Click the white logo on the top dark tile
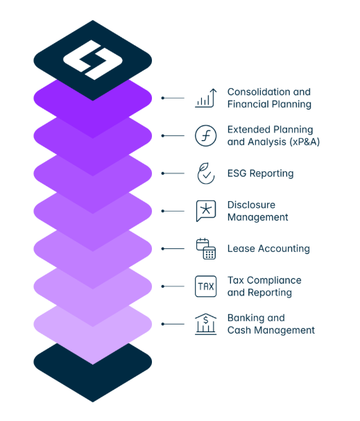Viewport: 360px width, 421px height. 93,60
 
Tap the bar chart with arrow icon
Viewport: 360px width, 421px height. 205,98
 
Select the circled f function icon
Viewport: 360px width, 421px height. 205,135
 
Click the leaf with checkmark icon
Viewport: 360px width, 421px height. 205,173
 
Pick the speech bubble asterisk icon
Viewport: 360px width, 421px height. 206,211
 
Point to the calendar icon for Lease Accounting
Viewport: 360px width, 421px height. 206,248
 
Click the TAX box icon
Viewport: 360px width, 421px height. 205,286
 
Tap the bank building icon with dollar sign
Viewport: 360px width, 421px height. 205,324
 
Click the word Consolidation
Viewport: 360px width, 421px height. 259,92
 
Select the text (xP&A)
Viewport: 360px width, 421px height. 305,141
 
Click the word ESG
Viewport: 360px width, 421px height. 237,173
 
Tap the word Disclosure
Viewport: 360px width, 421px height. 251,205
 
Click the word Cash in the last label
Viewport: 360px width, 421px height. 239,330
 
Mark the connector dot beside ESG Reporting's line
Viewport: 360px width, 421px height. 163,173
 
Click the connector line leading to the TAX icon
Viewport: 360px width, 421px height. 173,286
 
